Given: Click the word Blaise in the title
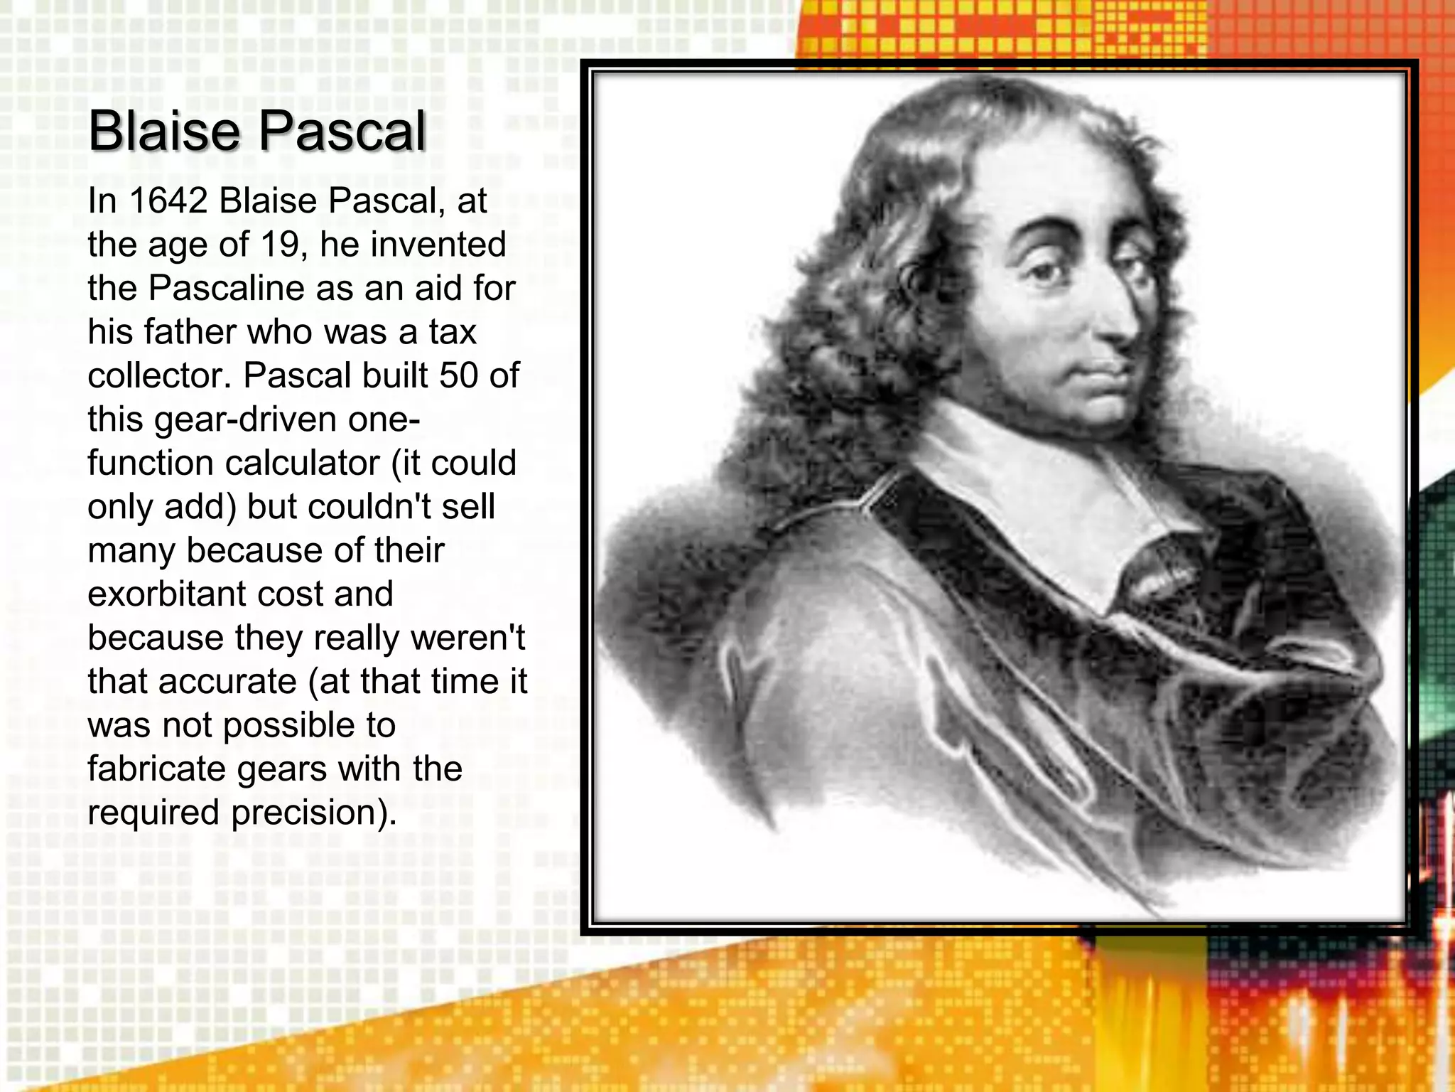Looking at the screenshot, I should (x=164, y=132).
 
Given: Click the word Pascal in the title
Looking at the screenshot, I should (x=342, y=132).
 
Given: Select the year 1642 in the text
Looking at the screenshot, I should (x=168, y=201).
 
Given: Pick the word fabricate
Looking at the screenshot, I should (x=156, y=769).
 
